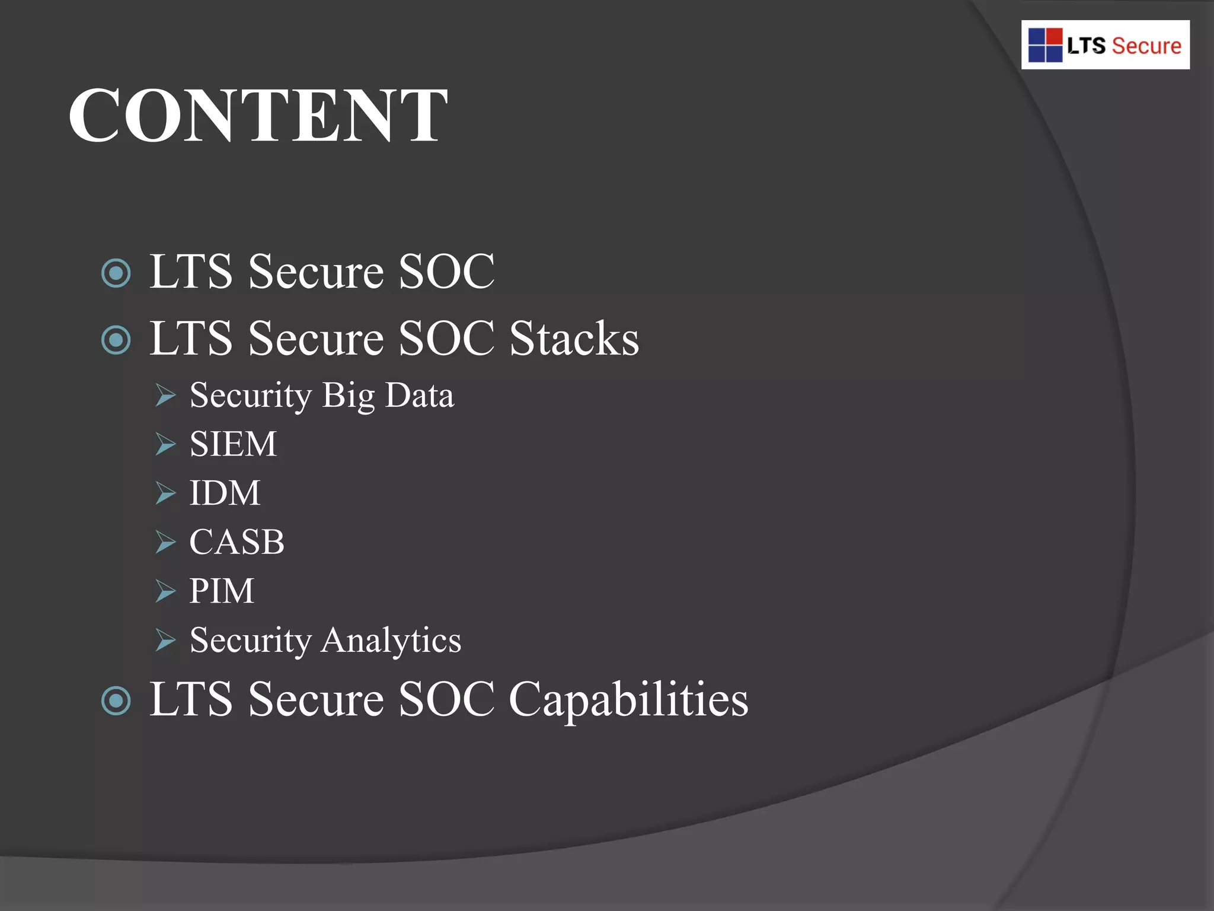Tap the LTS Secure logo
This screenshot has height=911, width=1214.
click(1105, 45)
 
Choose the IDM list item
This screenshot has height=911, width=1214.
click(225, 493)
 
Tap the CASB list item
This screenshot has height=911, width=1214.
click(237, 541)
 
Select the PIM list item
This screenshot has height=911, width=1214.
click(222, 591)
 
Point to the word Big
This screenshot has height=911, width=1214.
click(349, 396)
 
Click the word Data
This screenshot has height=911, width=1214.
click(419, 395)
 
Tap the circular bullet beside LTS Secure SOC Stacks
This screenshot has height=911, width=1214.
click(116, 340)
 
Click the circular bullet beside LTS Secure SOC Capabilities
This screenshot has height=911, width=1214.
click(116, 701)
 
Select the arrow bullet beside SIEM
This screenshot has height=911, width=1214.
click(165, 444)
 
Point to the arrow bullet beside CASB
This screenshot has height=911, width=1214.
click(165, 542)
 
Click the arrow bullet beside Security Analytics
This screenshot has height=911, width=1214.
click(165, 641)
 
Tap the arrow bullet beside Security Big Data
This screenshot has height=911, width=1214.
click(165, 395)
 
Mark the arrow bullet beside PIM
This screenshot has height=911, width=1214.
click(165, 591)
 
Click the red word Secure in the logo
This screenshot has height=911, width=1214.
click(1146, 46)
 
